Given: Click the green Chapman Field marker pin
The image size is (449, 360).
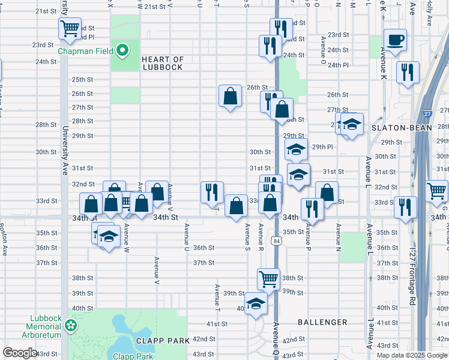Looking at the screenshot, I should click(123, 50).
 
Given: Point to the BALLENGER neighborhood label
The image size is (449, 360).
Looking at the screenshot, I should click(322, 322).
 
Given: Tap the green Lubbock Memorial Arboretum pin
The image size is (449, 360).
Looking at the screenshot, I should click(71, 326).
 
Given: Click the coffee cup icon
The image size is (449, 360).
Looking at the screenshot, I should click(395, 40).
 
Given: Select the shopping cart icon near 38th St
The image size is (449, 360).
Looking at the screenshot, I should click(268, 278).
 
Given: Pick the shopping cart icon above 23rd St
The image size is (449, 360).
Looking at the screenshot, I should click(70, 28).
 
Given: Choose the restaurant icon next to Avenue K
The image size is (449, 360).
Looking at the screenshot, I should click(408, 72).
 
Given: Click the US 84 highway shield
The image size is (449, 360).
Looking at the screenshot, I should click(276, 241).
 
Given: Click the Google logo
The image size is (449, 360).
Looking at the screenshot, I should click(20, 353).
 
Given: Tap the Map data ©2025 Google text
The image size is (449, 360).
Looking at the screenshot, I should click(411, 355).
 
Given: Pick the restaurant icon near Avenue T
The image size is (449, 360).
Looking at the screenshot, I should click(211, 191).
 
